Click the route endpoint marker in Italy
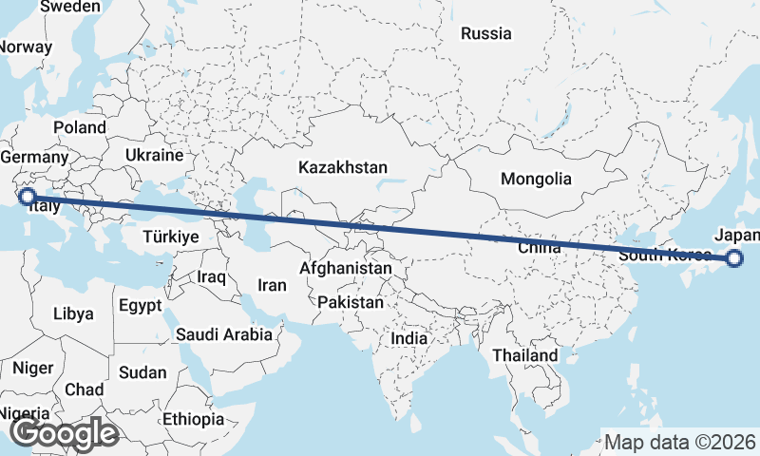[28, 197]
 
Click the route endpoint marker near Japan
[734, 257]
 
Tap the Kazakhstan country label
[342, 167]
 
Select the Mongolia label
[537, 179]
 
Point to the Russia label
[485, 34]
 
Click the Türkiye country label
[171, 237]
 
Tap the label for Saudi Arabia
[224, 334]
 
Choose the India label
[409, 338]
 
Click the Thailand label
[525, 355]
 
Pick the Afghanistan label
[345, 269]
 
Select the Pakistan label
[351, 302]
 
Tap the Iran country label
[272, 284]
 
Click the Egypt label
[141, 306]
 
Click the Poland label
[80, 127]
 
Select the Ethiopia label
[193, 418]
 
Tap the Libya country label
[73, 313]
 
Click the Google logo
[64, 433]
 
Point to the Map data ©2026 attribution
[680, 442]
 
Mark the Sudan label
[142, 372]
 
